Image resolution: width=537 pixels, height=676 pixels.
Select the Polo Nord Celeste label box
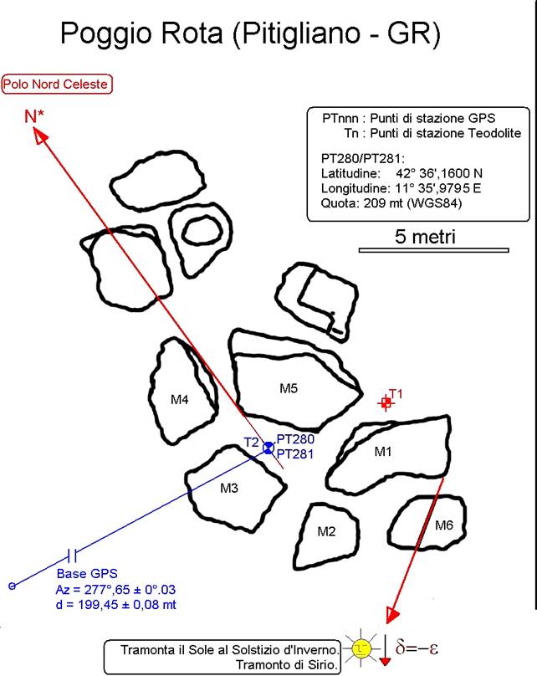tap(57, 84)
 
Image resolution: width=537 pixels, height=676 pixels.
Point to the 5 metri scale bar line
tap(434, 249)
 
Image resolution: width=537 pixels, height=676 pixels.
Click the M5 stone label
tap(289, 388)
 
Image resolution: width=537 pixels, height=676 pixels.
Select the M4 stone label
tap(180, 400)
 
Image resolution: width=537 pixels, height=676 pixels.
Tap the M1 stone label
tap(383, 453)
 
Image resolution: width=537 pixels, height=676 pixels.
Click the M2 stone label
tap(326, 530)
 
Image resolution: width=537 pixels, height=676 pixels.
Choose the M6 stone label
tap(444, 525)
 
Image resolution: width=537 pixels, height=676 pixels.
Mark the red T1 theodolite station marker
tap(386, 402)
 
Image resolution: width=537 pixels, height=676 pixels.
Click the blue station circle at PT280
tap(268, 448)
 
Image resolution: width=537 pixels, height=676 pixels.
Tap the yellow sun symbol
tap(361, 647)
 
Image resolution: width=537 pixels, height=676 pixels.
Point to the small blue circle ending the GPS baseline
tap(12, 586)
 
